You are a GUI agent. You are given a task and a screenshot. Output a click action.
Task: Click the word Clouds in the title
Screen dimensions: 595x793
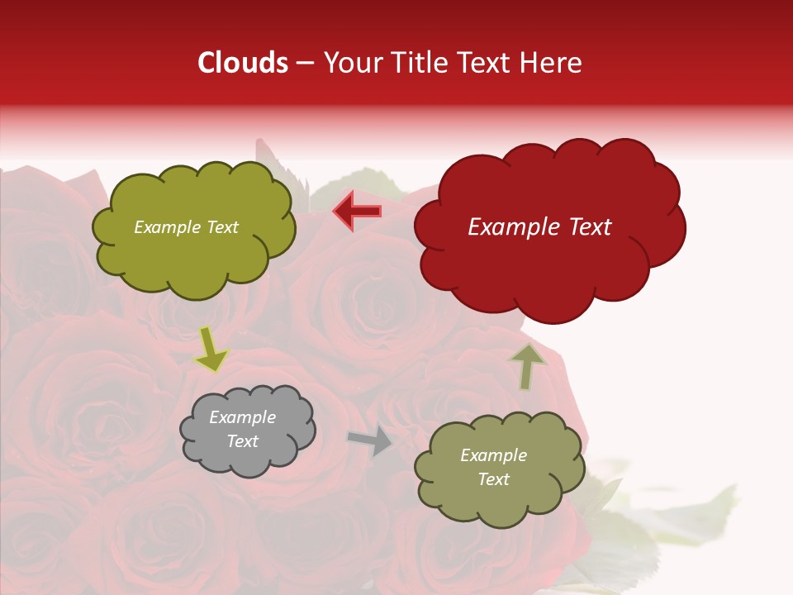(x=243, y=63)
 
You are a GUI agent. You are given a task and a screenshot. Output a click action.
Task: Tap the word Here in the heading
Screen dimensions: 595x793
(x=552, y=63)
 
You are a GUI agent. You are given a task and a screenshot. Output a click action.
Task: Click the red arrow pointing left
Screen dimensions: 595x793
(x=358, y=212)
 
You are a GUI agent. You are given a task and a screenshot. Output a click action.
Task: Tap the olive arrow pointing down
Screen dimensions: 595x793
(x=211, y=350)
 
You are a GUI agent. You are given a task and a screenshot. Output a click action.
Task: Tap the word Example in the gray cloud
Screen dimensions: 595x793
(x=242, y=418)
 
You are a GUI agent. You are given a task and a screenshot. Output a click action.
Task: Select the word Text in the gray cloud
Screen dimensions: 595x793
(x=242, y=441)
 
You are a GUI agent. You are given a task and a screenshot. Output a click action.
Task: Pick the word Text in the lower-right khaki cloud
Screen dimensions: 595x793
(x=493, y=479)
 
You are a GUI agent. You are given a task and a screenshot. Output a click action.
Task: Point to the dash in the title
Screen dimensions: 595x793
(x=304, y=64)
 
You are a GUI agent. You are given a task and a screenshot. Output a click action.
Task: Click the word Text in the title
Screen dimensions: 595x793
(x=485, y=63)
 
